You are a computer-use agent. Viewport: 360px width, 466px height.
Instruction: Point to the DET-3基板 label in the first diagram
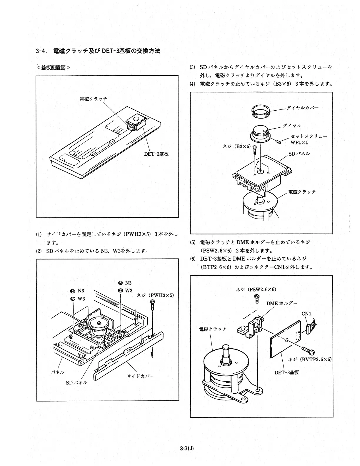click(156, 154)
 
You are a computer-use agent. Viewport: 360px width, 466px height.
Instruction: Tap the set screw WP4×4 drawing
click(278, 142)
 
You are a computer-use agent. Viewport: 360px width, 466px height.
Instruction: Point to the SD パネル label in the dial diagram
click(299, 154)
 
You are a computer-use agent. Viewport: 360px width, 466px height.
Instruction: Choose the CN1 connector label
click(306, 314)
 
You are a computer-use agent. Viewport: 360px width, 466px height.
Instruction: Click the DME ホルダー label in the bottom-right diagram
click(281, 303)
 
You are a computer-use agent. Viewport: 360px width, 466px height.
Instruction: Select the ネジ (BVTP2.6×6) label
click(310, 359)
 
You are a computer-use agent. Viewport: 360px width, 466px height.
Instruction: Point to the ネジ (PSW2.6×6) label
click(256, 289)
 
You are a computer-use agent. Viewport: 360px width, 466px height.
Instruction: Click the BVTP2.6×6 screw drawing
click(308, 350)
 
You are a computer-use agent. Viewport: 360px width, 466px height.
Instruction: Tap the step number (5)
click(193, 242)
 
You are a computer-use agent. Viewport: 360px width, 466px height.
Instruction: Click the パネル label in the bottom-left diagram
click(58, 372)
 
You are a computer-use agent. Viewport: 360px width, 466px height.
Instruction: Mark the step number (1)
click(39, 234)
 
